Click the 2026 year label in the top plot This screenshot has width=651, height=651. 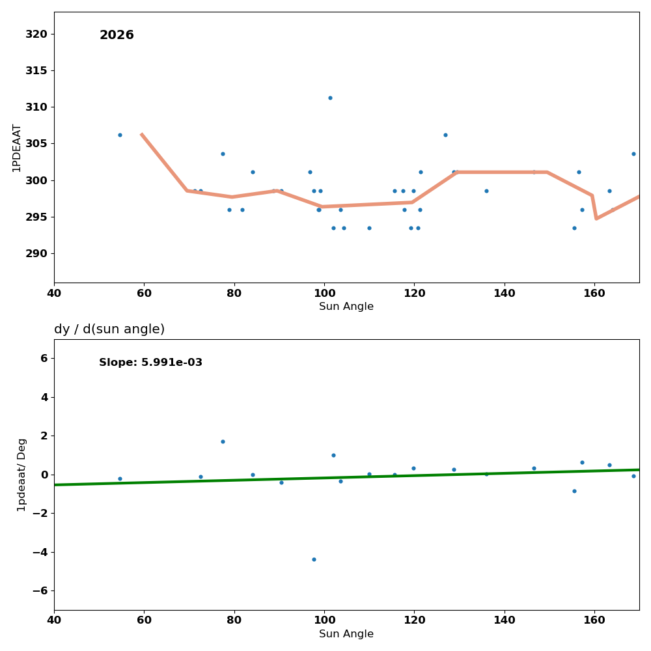tap(117, 35)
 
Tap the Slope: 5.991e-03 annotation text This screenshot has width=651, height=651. tap(150, 363)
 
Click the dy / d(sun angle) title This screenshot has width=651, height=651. tap(109, 329)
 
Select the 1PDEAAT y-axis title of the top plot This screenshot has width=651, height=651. tap(17, 148)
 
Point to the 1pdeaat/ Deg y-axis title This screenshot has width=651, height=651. tap(22, 475)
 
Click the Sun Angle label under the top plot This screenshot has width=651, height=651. tap(346, 307)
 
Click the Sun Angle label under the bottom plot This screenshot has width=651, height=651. tap(346, 634)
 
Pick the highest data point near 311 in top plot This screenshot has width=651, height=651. tap(330, 98)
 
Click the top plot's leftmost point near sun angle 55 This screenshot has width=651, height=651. tap(120, 135)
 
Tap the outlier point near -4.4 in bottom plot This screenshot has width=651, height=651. tap(314, 559)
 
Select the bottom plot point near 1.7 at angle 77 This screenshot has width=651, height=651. tap(223, 441)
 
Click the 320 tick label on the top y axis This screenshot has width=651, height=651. tap(36, 34)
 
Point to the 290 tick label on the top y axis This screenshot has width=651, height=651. tap(36, 253)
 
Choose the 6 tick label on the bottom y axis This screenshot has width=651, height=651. tap(44, 358)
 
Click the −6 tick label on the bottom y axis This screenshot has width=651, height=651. tap(39, 590)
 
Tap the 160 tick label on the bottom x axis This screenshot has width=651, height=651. tap(594, 620)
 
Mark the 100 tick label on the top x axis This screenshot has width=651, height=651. tap(324, 293)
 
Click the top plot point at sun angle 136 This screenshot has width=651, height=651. tap(486, 191)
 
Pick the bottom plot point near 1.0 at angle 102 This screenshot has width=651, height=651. tap(333, 455)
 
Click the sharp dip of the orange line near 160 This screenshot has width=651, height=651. tap(596, 218)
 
